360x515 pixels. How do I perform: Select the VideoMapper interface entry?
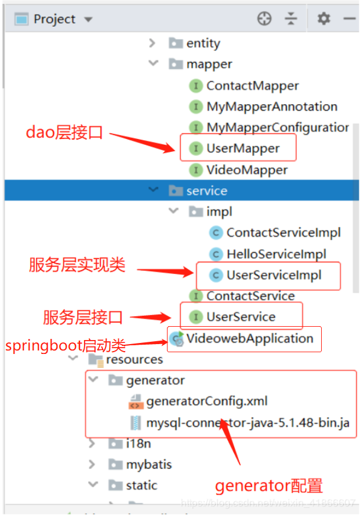[x=246, y=170]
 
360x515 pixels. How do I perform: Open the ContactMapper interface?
[x=252, y=86]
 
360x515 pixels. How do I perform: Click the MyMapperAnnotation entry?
[x=271, y=107]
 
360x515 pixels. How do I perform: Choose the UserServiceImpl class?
[x=273, y=275]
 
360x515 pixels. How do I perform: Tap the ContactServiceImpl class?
[x=283, y=232]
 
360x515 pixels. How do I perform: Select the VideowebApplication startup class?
[x=249, y=338]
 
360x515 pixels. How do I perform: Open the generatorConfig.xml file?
[x=206, y=401]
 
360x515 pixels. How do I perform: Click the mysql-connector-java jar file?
[x=247, y=422]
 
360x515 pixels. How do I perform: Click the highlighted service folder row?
[x=206, y=191]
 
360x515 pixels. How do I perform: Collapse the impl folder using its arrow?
[x=173, y=211]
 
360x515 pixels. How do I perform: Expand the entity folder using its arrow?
[x=152, y=43]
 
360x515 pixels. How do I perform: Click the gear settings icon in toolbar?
[x=323, y=19]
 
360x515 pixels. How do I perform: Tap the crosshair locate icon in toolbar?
[x=264, y=19]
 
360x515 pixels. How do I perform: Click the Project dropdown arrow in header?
[x=88, y=19]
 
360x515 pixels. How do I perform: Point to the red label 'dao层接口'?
[x=64, y=133]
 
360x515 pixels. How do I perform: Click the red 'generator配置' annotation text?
[x=268, y=485]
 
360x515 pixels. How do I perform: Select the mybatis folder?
[x=148, y=464]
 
